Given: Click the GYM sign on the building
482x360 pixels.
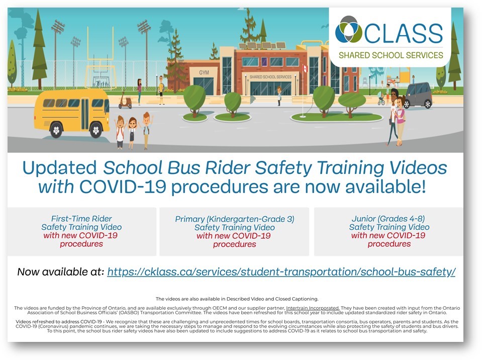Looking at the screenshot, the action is tap(204, 72).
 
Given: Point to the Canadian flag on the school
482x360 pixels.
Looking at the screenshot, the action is tap(305, 68).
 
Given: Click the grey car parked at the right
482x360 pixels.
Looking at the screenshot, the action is tap(418, 95).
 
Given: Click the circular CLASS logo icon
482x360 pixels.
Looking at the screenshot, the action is tap(349, 30).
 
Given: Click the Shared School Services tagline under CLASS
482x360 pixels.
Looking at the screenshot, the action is tap(391, 55).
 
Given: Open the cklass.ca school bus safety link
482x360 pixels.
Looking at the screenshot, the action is tap(281, 272).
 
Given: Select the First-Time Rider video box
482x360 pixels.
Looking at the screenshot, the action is tap(82, 231).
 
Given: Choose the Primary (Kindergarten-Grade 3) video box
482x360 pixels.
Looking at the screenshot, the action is tap(234, 231).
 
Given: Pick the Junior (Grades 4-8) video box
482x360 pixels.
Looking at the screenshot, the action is tap(389, 231).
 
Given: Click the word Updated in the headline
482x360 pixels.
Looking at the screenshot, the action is tap(59, 168).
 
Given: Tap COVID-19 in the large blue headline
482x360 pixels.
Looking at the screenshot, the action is tap(123, 187).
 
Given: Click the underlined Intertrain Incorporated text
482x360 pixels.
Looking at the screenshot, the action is tap(313, 308).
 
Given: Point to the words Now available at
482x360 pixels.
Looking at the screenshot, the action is tap(60, 272).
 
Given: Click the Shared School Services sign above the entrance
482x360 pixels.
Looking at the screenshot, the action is tap(270, 77).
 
